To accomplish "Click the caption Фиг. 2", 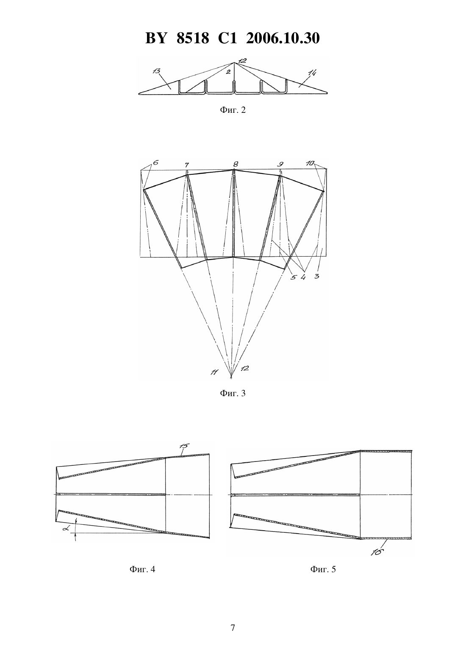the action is pyautogui.click(x=233, y=110).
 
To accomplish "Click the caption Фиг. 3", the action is pyautogui.click(x=233, y=393).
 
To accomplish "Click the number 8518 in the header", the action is pyautogui.click(x=193, y=38).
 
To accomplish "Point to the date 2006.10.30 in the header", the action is pyautogui.click(x=283, y=38).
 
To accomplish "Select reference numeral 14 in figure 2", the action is pyautogui.click(x=311, y=72).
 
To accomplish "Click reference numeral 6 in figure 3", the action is pyautogui.click(x=155, y=162).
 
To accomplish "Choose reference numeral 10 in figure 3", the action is pyautogui.click(x=310, y=163).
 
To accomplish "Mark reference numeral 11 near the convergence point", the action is pyautogui.click(x=214, y=372).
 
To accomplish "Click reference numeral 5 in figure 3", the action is pyautogui.click(x=293, y=277).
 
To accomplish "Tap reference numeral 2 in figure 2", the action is pyautogui.click(x=228, y=72).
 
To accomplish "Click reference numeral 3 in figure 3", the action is pyautogui.click(x=316, y=277).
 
